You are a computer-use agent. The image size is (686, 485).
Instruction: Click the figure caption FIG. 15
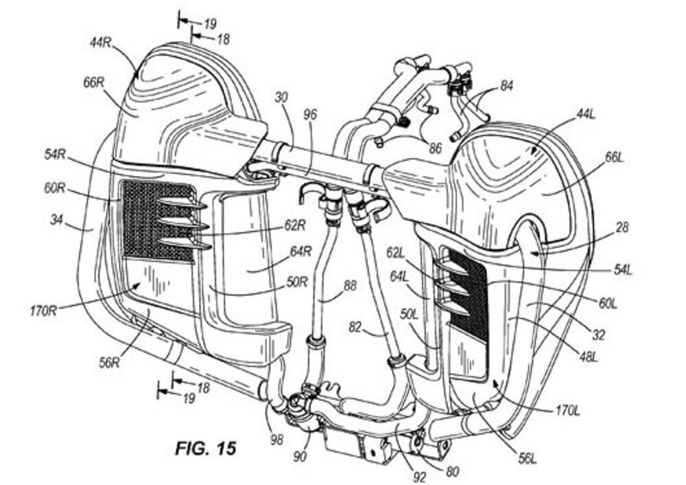206,448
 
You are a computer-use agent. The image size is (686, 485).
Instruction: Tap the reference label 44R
101,43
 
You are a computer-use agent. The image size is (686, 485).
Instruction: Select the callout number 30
281,97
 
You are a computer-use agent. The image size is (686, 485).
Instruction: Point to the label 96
310,115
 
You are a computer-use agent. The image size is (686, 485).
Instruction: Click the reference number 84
506,87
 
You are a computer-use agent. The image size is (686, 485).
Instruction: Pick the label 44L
586,115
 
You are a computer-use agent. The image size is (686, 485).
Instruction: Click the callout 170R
43,311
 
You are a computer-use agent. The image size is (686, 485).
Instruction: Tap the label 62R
294,225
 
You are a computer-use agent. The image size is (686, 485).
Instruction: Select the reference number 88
350,286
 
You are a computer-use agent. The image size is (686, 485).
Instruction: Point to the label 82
355,327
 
